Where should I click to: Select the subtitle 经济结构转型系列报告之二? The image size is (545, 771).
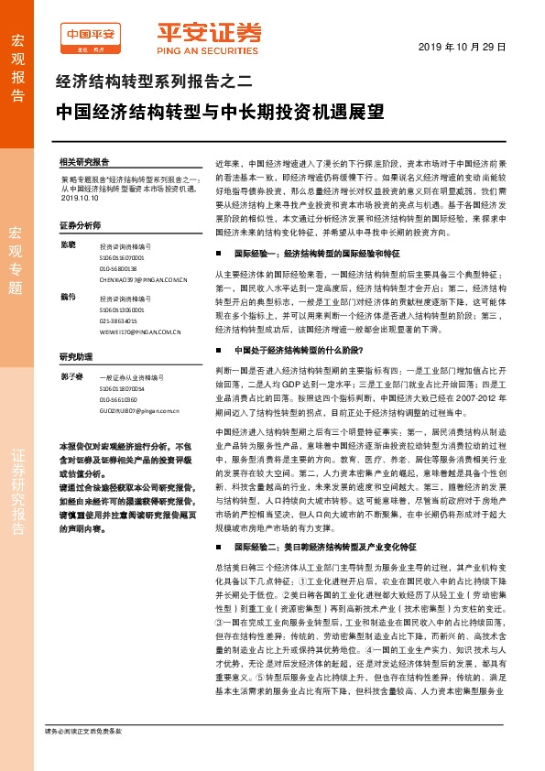tap(153, 81)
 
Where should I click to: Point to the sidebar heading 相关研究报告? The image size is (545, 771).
tap(84, 160)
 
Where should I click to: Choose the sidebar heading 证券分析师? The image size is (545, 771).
tap(80, 224)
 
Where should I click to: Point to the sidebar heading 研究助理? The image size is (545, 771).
tap(76, 357)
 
